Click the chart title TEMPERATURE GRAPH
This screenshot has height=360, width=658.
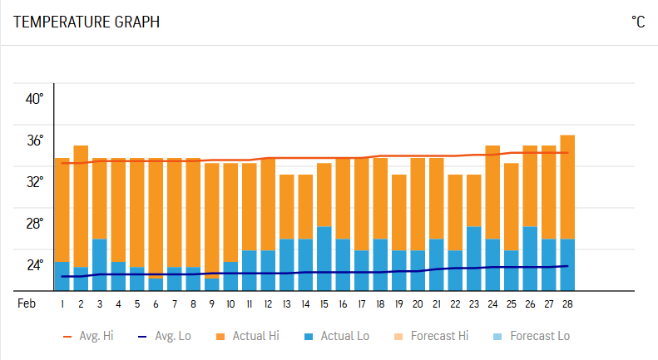[x=87, y=22]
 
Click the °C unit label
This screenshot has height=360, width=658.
[x=637, y=22]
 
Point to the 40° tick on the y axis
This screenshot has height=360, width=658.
[x=34, y=99]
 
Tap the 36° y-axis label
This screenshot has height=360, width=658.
[x=34, y=141]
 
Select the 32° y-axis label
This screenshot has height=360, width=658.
[x=34, y=182]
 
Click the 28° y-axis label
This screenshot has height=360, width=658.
[x=34, y=224]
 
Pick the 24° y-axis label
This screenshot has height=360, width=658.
[x=34, y=265]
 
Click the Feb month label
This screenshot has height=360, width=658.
[x=27, y=304]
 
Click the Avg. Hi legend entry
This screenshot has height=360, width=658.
[x=88, y=337]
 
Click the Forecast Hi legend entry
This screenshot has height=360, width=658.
[x=432, y=337]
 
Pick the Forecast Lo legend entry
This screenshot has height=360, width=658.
[x=531, y=337]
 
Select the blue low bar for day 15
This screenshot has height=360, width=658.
[x=324, y=258]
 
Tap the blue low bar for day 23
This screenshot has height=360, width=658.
[x=474, y=258]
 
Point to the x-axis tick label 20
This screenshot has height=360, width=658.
[x=418, y=304]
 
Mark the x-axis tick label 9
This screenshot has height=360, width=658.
[x=212, y=304]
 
